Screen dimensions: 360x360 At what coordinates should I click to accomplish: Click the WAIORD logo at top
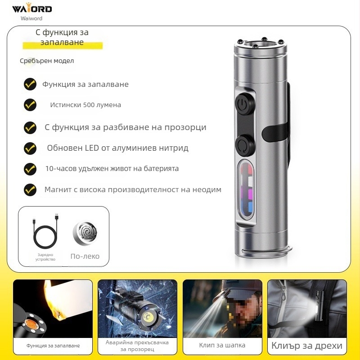point(31,9)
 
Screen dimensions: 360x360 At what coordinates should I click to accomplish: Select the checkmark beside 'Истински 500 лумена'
point(30,105)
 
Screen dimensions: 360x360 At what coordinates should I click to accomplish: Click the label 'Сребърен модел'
point(47,61)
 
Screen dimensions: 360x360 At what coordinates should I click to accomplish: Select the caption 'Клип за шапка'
point(216,346)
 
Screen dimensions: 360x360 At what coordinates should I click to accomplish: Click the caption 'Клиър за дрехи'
point(307,346)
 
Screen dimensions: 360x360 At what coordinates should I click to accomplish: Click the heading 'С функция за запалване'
point(62,37)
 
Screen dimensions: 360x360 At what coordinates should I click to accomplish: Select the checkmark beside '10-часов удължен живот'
point(30,169)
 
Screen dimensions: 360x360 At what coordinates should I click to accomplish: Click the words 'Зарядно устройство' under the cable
point(45,257)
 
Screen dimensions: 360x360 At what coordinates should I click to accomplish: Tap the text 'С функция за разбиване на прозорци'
point(126,127)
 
